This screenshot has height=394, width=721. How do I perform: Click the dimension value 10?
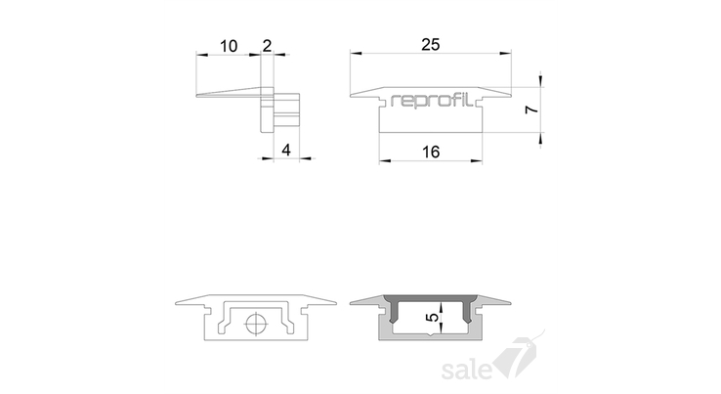click(229, 46)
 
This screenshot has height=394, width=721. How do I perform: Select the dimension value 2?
click(267, 45)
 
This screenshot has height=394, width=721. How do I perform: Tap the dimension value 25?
click(431, 45)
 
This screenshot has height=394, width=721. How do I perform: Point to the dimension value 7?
click(531, 109)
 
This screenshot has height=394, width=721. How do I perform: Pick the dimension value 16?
click(431, 152)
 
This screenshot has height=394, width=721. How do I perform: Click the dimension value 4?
click(286, 150)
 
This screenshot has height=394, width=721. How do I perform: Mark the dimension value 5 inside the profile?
click(433, 317)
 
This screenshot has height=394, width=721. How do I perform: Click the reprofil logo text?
click(431, 100)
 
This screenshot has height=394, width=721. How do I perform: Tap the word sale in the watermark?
click(467, 370)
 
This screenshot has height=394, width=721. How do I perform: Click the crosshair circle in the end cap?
click(257, 324)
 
